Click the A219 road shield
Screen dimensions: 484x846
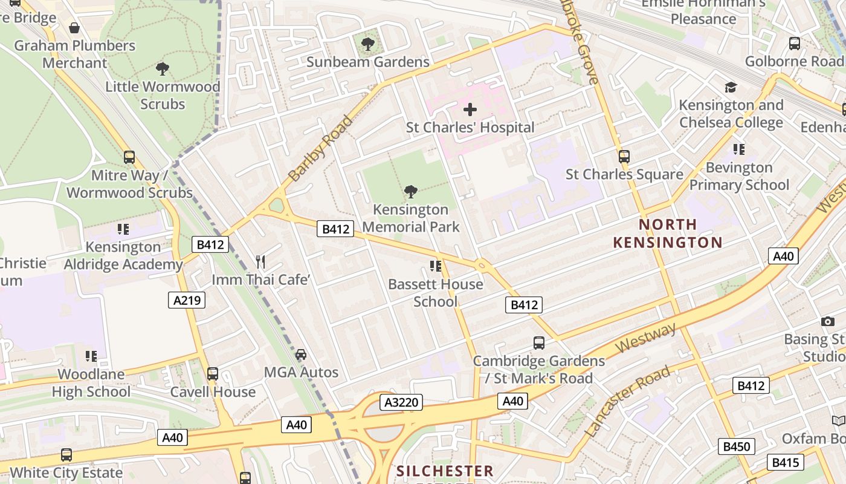tap(187, 300)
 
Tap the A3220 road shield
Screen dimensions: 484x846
tap(401, 402)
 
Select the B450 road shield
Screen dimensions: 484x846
tap(737, 447)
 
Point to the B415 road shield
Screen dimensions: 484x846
tap(786, 463)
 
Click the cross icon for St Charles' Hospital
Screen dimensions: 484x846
tap(470, 110)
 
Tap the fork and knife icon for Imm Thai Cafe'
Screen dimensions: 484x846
tap(260, 262)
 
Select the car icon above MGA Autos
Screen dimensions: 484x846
tap(301, 355)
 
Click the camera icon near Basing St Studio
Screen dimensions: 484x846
tap(827, 321)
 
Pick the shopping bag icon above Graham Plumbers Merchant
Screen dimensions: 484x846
tap(74, 28)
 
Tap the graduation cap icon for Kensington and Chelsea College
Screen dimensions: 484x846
tap(731, 87)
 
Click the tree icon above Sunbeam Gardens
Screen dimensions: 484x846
tap(367, 44)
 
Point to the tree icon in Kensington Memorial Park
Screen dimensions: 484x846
tap(410, 192)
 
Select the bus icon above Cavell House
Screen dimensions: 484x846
tap(212, 374)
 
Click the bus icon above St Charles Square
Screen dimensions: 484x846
tap(624, 157)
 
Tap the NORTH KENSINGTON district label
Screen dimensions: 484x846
tap(668, 234)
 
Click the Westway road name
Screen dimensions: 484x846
tap(646, 339)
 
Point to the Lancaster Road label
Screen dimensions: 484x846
tap(628, 401)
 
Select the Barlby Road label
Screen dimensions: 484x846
tap(320, 148)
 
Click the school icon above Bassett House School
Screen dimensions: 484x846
tap(435, 266)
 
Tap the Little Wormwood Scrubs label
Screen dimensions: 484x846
tap(163, 95)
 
